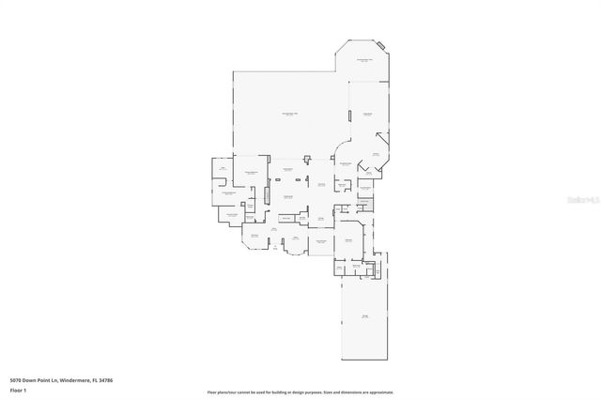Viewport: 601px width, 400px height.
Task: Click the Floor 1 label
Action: point(17,390)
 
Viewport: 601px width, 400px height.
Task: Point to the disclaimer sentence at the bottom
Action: point(300,392)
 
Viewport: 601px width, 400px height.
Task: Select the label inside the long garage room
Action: point(364,316)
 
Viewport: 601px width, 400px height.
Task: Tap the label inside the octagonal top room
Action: point(363,60)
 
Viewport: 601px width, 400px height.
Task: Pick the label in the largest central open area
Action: point(290,114)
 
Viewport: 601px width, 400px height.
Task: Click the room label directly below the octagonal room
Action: point(367,114)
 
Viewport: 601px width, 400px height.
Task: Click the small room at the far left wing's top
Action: point(222,169)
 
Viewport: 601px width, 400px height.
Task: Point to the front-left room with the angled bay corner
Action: point(254,238)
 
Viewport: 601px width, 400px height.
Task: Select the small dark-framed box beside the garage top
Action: point(371,271)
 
